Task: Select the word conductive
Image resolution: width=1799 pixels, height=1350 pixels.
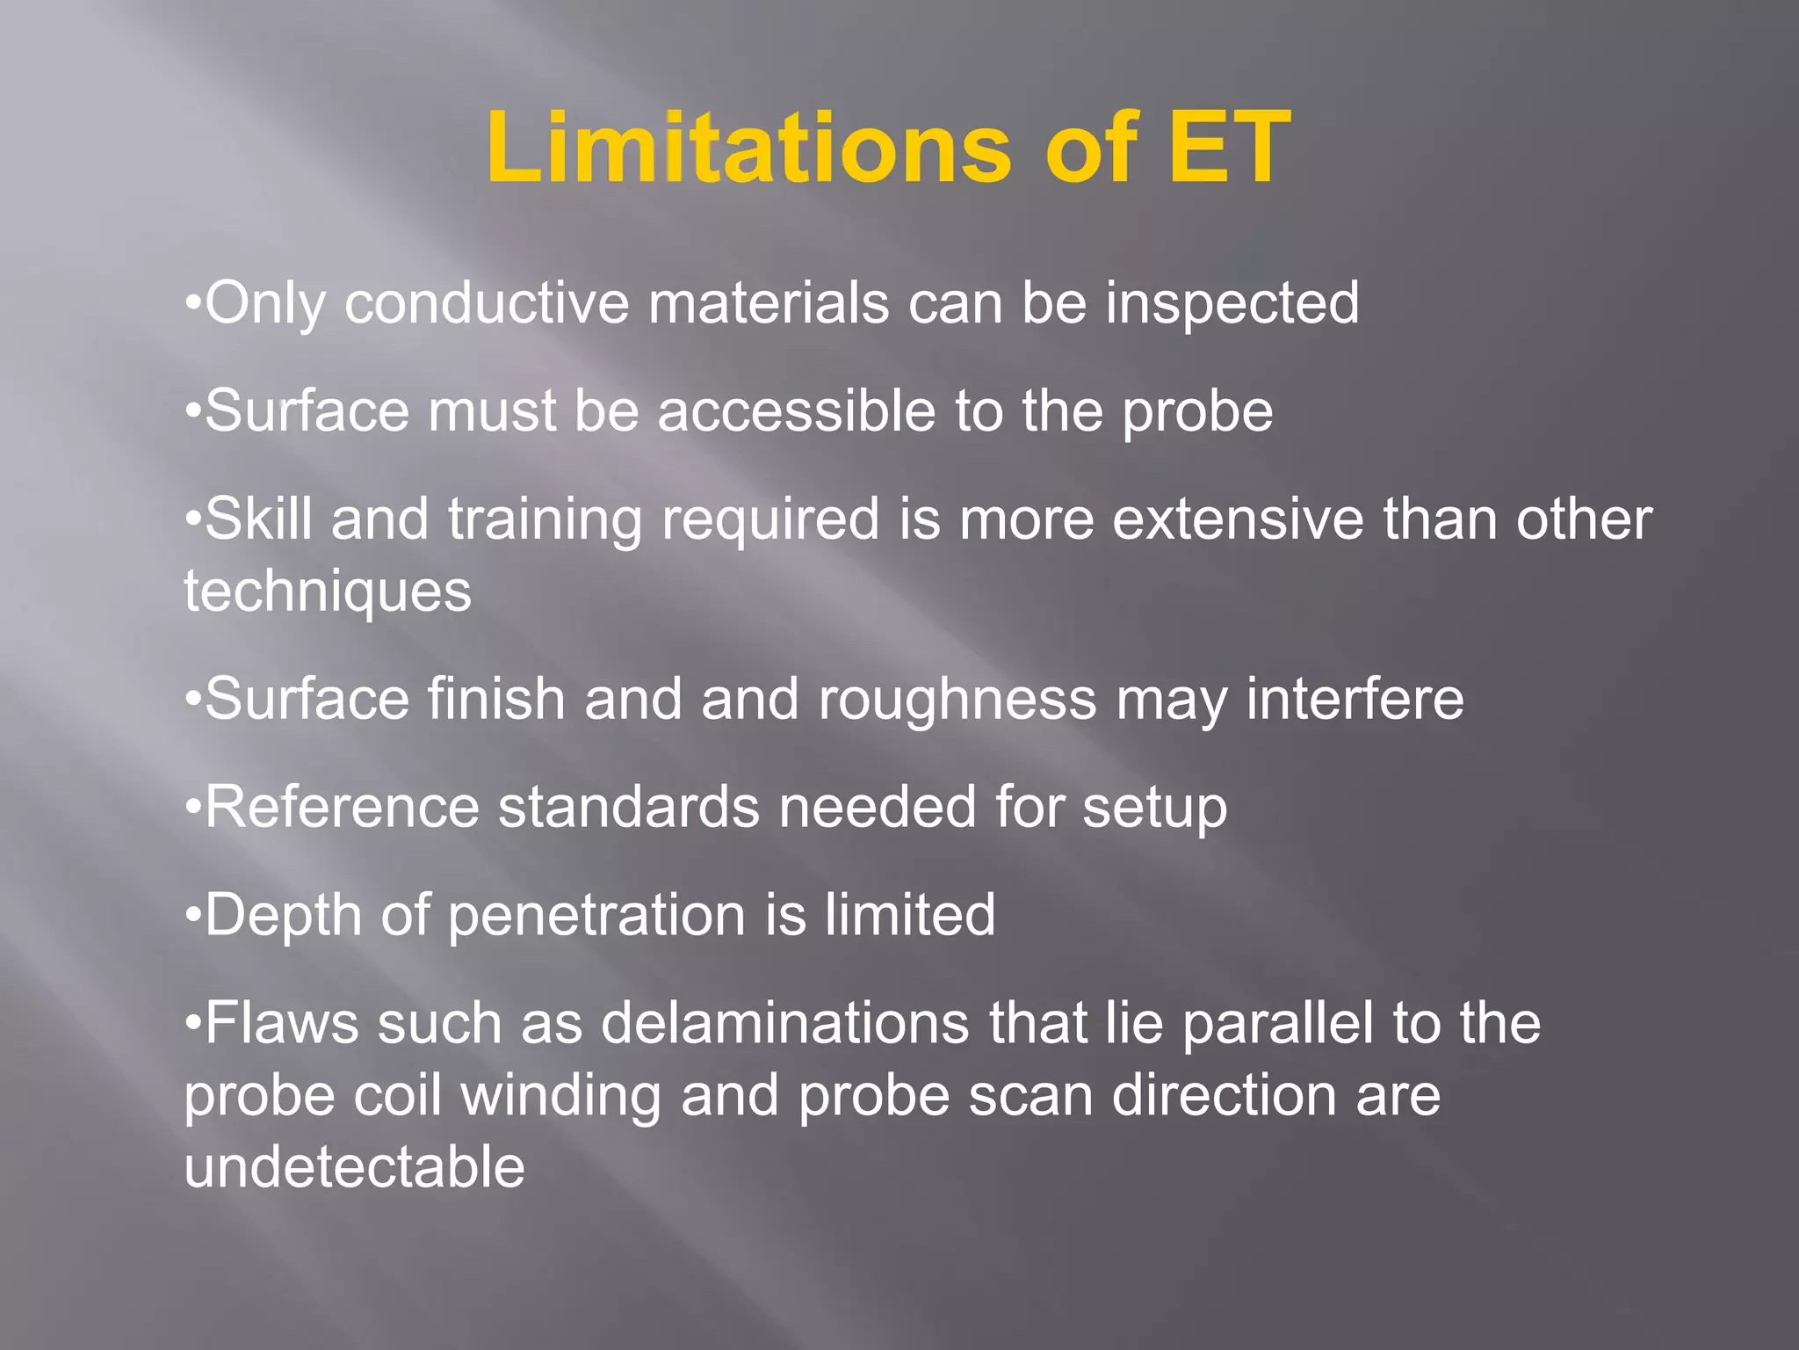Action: pos(487,304)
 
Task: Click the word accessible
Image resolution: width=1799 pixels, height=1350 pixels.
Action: pos(796,411)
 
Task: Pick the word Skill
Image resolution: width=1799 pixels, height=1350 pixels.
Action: pos(258,519)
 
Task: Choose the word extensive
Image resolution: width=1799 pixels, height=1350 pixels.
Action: pos(1238,519)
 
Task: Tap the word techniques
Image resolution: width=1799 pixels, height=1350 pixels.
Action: pos(328,592)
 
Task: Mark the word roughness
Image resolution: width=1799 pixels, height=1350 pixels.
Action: pos(957,700)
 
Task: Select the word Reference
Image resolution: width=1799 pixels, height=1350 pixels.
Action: pos(342,807)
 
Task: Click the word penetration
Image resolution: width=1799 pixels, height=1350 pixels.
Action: pos(596,916)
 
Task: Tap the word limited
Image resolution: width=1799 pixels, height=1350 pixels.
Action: pos(909,915)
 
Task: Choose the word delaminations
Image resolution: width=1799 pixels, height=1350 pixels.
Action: pos(785,1024)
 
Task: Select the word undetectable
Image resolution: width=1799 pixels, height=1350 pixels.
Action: pos(354,1167)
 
